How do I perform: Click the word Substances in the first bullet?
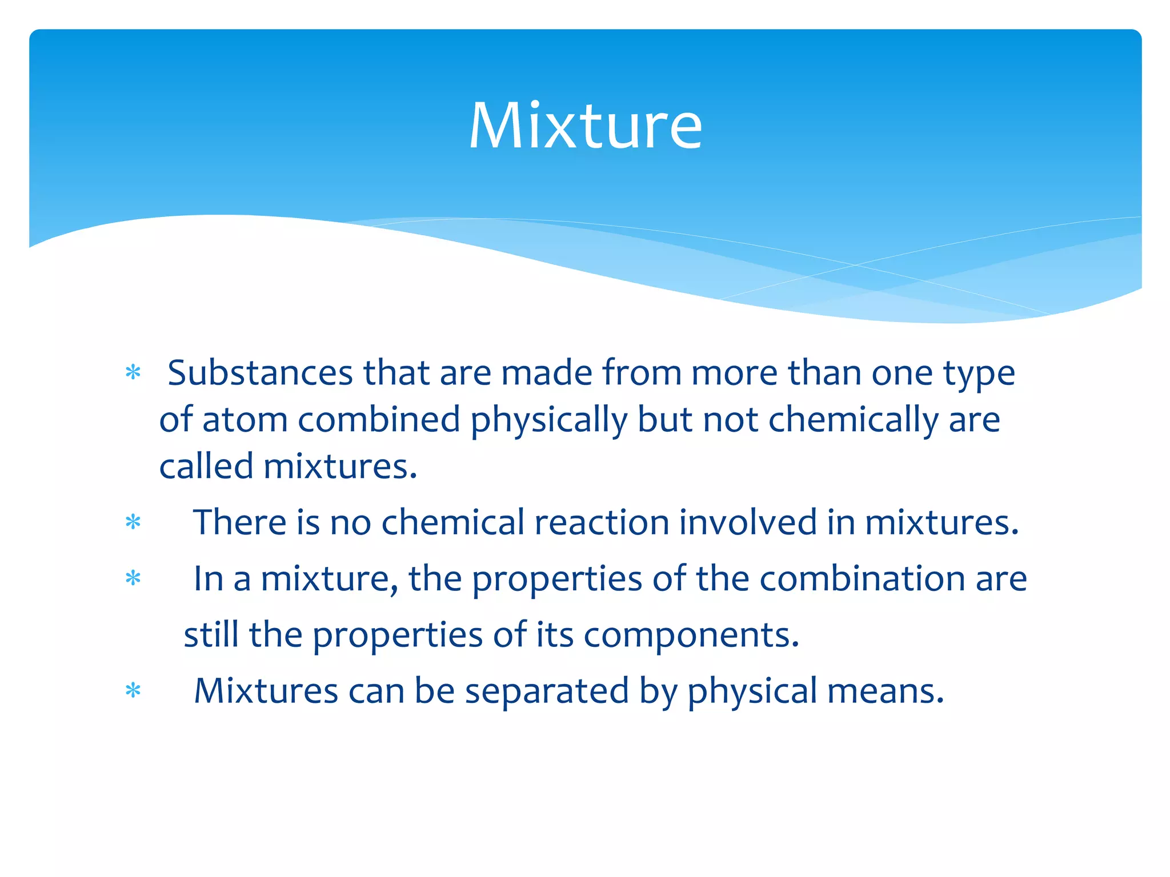(260, 373)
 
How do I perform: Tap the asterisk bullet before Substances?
(133, 373)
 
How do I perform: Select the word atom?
(245, 420)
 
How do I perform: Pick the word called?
(206, 466)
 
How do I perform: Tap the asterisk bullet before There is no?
(133, 522)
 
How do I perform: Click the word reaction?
(602, 522)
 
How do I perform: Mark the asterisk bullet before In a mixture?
(133, 578)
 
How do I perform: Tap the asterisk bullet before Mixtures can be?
(133, 691)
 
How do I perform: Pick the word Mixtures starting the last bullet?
(266, 691)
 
